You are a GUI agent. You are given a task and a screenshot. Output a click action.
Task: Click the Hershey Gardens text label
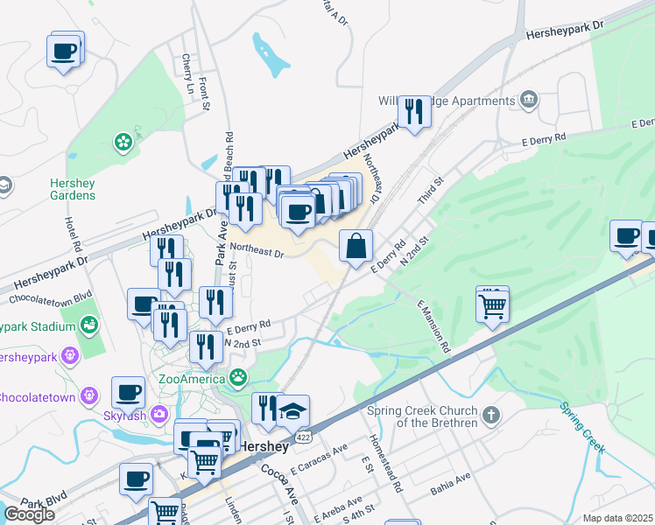tap(73, 188)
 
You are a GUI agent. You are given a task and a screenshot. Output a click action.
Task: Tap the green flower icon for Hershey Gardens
tap(123, 140)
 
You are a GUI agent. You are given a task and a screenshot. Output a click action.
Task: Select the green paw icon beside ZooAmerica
tap(238, 378)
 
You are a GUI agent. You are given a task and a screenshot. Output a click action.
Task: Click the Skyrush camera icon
tap(159, 413)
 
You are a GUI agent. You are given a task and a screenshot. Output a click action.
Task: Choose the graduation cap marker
tap(293, 409)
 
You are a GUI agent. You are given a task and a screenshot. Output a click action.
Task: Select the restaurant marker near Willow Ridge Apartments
tap(413, 111)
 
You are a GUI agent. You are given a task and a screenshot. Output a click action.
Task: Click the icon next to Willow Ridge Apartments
tap(528, 99)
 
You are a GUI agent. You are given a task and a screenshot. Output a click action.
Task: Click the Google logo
tap(29, 514)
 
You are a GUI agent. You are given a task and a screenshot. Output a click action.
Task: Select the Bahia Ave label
tap(450, 486)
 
